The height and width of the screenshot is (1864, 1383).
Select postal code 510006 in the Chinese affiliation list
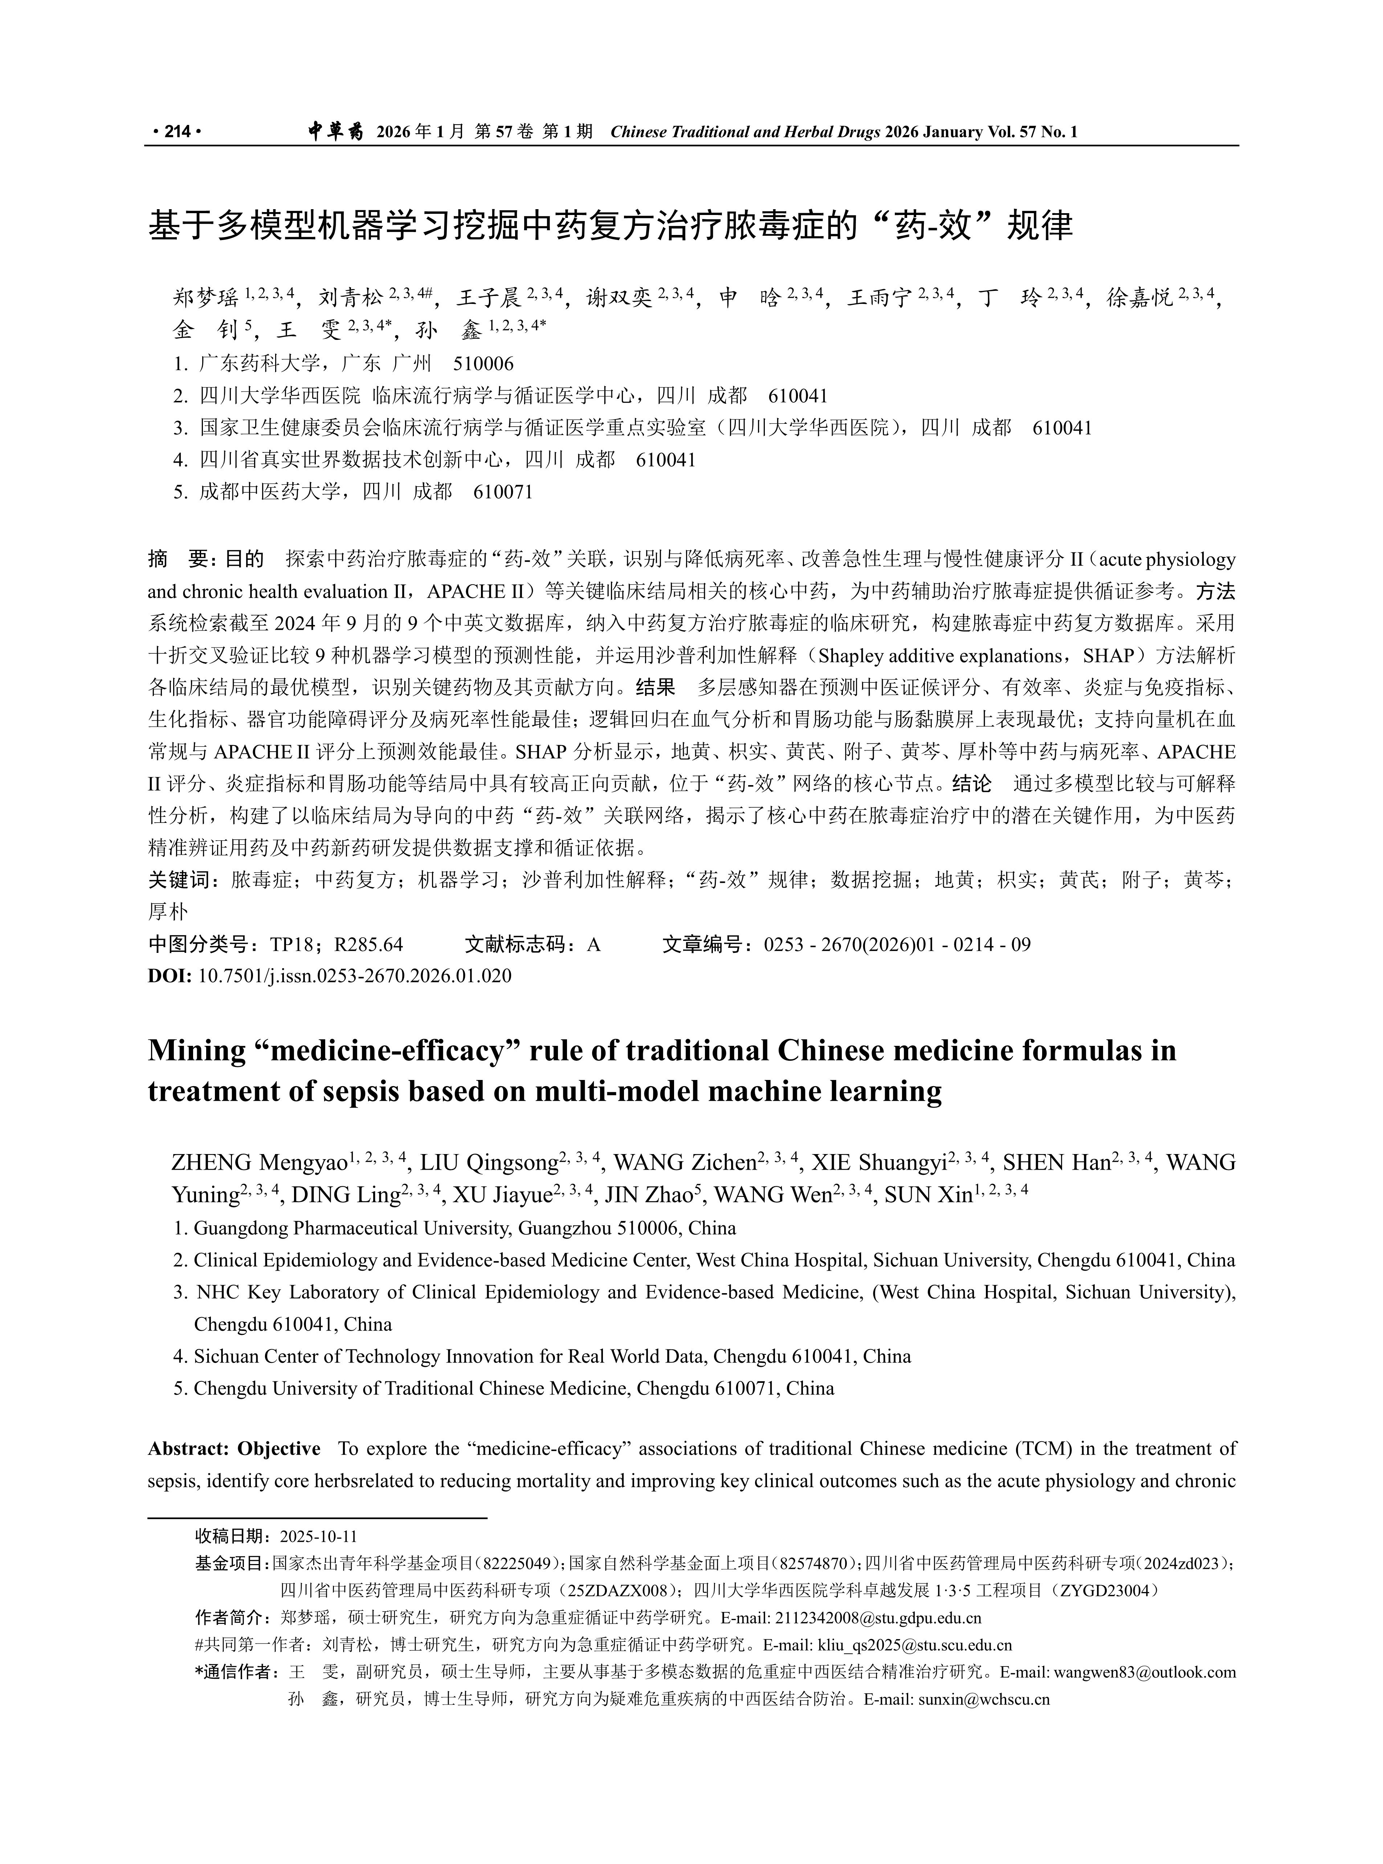pos(483,364)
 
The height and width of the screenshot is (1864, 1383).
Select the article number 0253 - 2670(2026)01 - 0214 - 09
pos(897,945)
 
